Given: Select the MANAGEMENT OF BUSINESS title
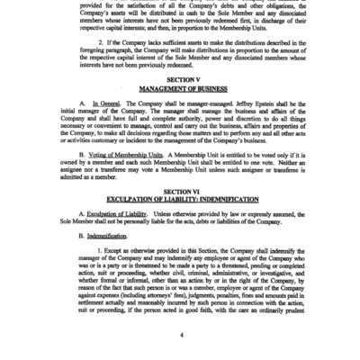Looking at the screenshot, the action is point(181,89).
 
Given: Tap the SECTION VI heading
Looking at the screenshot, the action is point(181,192).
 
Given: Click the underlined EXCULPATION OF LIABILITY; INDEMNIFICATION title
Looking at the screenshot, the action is point(181,199).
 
